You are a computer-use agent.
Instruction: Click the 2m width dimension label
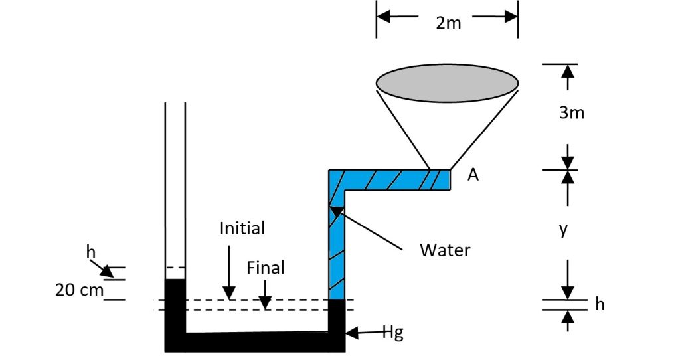point(448,23)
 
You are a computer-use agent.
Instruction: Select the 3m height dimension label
point(571,112)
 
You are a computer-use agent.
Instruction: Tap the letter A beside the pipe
point(473,175)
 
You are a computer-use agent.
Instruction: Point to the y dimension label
point(563,229)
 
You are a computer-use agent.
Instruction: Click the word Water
point(445,250)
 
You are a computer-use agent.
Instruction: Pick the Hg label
point(393,333)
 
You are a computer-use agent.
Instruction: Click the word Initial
point(242,228)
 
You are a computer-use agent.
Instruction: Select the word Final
point(266,268)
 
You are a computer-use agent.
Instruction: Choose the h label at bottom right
point(600,305)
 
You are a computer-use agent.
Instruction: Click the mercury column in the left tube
point(175,306)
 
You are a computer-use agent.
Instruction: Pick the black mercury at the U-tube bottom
point(256,341)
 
